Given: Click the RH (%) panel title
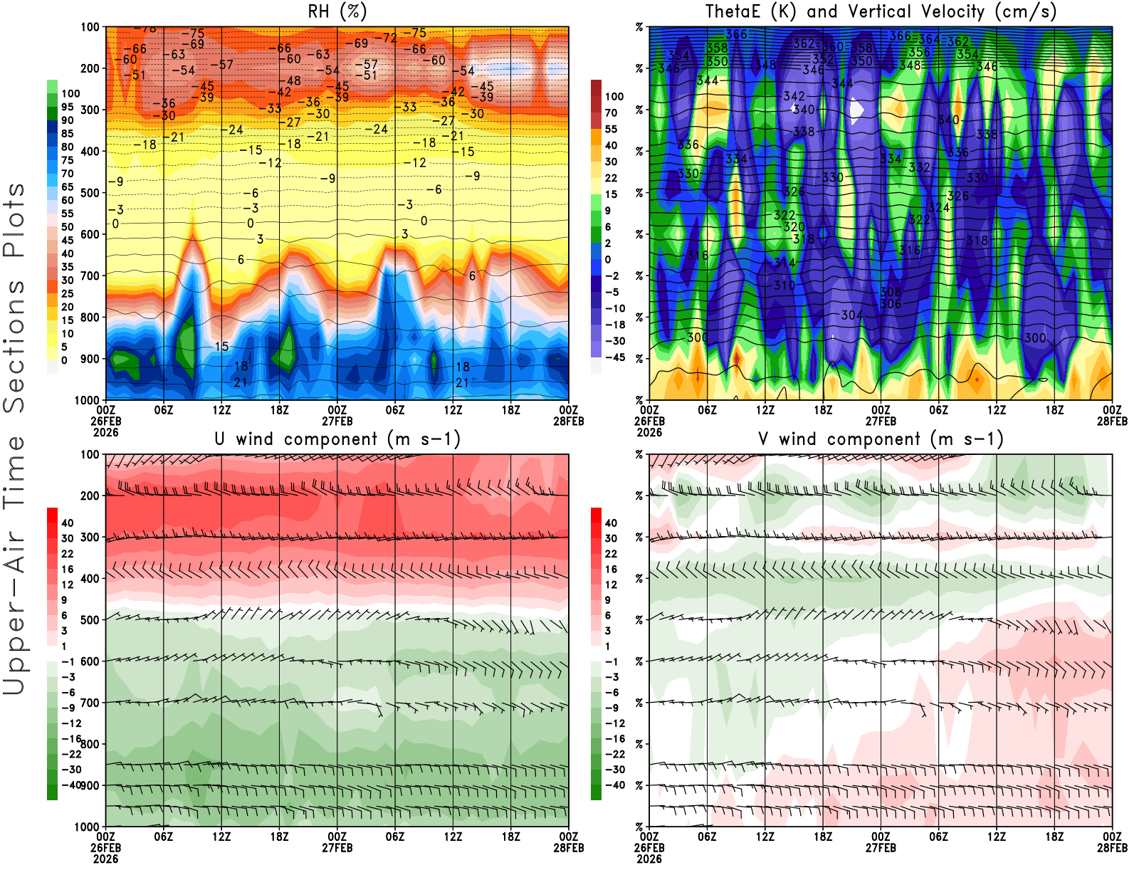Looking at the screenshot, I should point(337,12).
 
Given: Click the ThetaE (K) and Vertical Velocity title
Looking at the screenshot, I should point(881,12).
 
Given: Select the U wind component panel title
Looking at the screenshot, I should point(337,439).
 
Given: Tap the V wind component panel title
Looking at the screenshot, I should point(881,439).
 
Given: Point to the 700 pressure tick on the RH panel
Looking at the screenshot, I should point(90,276).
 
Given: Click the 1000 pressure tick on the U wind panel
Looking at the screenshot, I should point(88,827).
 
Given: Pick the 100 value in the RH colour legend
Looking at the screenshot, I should point(70,93).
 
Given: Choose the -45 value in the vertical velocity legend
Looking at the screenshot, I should point(614,357).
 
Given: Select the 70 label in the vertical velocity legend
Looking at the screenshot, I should point(611,112).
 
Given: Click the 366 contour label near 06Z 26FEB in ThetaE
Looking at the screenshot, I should point(737,34).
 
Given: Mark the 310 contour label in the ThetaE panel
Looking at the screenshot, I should point(784,286).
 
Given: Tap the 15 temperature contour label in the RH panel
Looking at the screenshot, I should point(222,347).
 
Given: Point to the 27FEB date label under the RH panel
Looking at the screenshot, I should point(337,421).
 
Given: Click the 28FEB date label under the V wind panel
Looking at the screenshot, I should point(1112,848).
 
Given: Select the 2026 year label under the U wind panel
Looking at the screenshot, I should point(105,859).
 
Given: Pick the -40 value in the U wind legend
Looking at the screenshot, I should point(70,785).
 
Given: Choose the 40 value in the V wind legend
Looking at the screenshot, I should point(611,523).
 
